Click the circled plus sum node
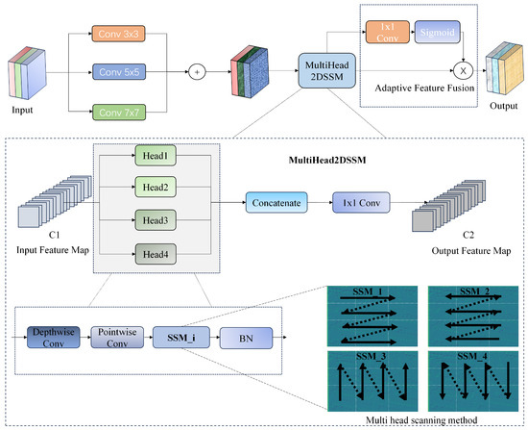coord(198,71)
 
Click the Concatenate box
coord(276,204)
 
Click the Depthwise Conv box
coord(52,338)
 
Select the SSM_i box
coord(183,338)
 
